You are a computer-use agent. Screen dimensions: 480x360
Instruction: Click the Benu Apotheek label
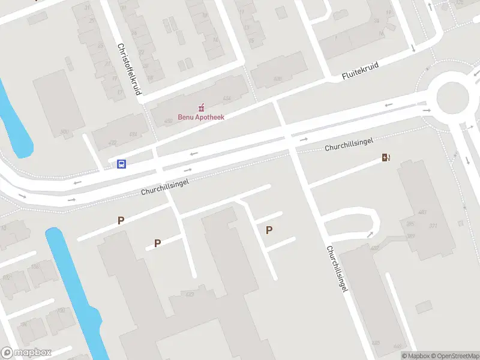click(201, 118)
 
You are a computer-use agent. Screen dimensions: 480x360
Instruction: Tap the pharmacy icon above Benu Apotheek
click(201, 108)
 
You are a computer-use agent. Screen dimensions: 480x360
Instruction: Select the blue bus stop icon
click(121, 164)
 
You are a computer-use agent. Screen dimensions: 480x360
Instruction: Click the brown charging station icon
click(386, 158)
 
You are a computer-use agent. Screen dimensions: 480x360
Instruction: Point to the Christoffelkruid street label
click(129, 69)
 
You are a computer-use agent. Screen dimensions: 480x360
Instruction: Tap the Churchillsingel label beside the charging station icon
click(349, 143)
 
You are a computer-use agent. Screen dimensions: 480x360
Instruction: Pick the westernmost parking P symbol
click(121, 220)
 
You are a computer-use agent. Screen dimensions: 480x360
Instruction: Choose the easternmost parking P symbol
click(269, 230)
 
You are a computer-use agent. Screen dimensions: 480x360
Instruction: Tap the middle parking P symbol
click(158, 243)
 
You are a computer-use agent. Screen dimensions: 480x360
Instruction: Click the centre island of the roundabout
click(452, 96)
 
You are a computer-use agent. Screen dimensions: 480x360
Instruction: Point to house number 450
click(168, 121)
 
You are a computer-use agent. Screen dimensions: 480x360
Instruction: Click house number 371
click(433, 226)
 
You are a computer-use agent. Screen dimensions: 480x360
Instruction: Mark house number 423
click(190, 294)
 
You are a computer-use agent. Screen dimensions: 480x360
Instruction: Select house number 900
click(64, 132)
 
